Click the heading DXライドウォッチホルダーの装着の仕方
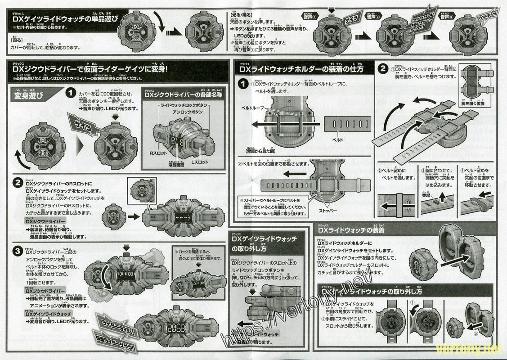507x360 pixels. (x=301, y=69)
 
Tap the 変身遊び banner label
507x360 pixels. (x=27, y=95)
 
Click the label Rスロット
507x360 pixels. (x=159, y=153)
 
